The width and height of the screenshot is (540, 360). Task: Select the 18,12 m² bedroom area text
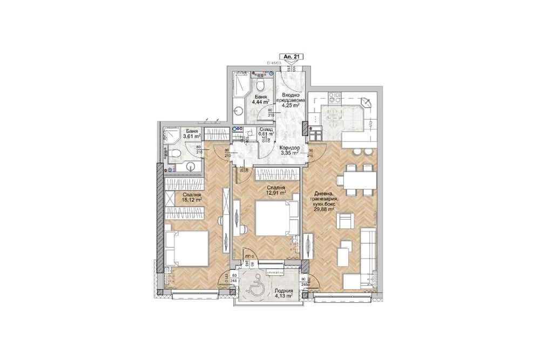coord(192,199)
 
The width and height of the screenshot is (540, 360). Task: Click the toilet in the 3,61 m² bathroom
coord(173,155)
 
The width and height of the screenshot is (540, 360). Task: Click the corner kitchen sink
coord(365,101)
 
